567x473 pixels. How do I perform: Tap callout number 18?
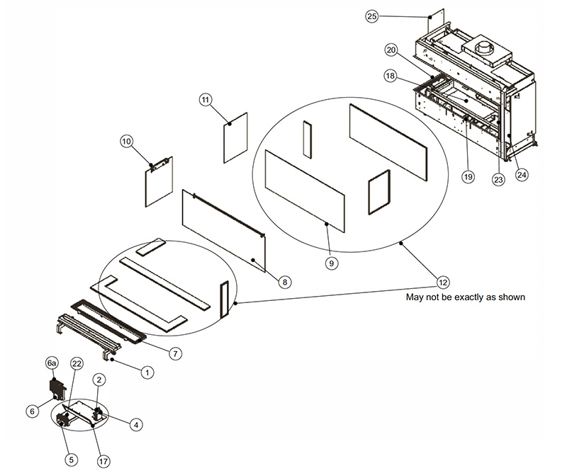coord(391,75)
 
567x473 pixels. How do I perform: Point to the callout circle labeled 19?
coord(468,177)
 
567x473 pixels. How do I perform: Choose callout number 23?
coord(498,180)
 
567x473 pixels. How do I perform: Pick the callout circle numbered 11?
coord(206,101)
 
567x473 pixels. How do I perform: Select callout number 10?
coord(128,142)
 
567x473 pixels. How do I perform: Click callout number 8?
coord(285,282)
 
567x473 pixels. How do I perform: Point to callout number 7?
coord(176,353)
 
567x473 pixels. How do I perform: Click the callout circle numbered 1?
coord(147,370)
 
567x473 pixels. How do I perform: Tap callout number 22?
coord(77,364)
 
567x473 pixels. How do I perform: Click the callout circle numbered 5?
coord(71,458)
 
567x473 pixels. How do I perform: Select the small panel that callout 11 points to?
coord(235,137)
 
